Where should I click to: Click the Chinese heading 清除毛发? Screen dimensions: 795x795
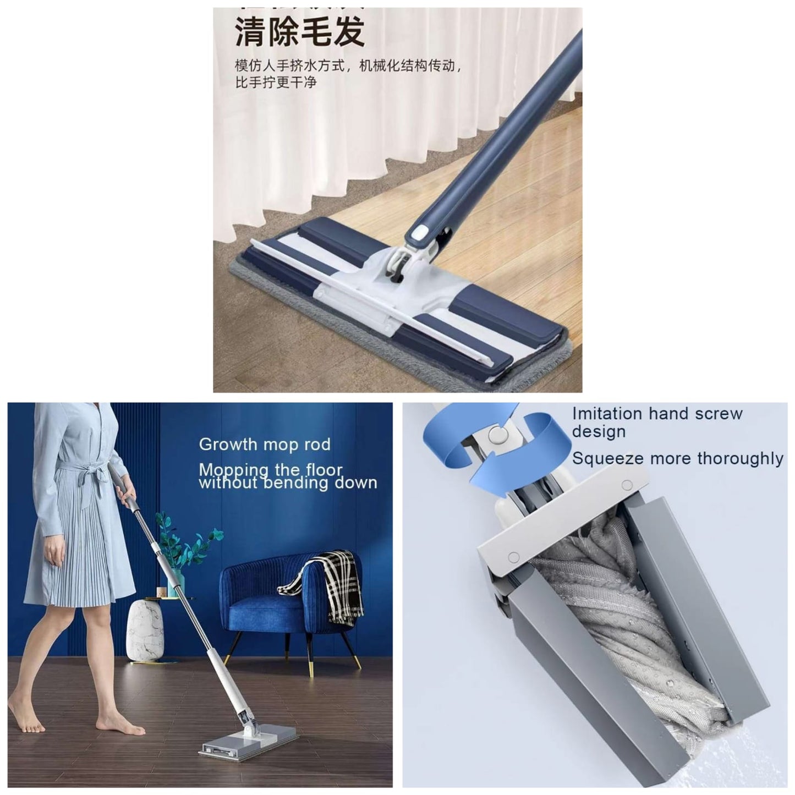click(300, 31)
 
